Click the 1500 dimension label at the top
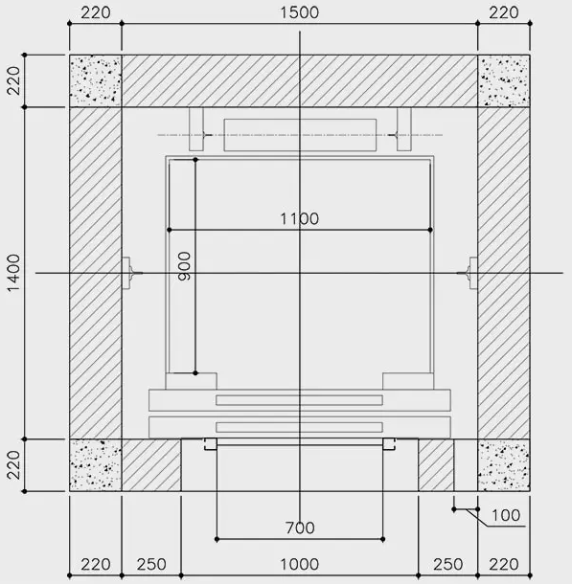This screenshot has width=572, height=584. pos(299,12)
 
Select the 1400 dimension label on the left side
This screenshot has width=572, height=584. pos(13,273)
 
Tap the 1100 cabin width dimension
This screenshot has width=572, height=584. pos(299,218)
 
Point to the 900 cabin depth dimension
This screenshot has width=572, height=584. pos(184,266)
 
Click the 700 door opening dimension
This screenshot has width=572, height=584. pos(300,528)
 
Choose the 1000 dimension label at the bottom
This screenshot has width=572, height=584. pos(299,565)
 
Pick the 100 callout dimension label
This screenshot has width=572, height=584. pos(506,515)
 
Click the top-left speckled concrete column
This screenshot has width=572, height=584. pos(96,80)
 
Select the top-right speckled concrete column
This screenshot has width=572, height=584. pos(504,80)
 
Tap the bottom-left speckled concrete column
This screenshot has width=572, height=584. pos(96,465)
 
